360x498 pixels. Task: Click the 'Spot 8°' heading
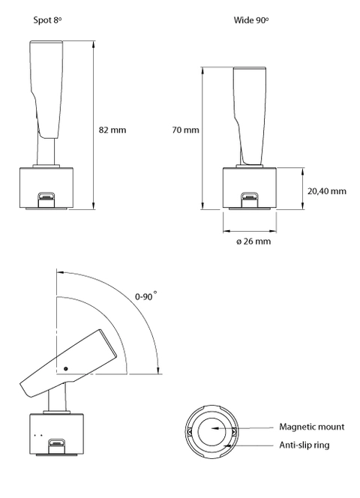[x=47, y=20]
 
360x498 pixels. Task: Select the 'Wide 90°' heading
[x=251, y=20]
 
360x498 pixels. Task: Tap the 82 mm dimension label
[x=112, y=130]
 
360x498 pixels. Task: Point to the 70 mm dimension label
[x=185, y=130]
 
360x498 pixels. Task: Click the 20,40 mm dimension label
[x=327, y=191]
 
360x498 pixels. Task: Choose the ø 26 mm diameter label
[x=253, y=241]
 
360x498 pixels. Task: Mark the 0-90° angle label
[x=146, y=296]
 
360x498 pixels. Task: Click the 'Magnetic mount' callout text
[x=312, y=427]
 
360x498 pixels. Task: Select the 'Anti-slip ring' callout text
[x=304, y=445]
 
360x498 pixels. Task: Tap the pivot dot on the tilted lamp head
[x=66, y=369]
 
